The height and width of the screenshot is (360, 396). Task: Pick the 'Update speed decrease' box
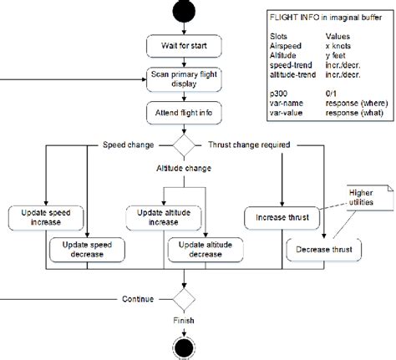86,249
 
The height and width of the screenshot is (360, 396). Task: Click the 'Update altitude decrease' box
206,249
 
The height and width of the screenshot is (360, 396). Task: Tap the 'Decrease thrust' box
323,249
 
